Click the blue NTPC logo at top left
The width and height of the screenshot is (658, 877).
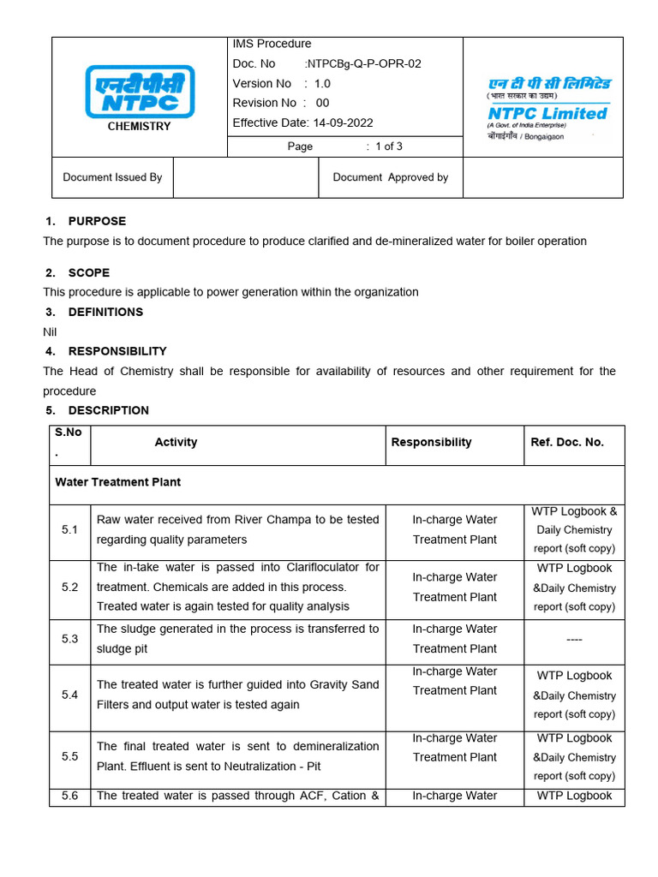(x=139, y=92)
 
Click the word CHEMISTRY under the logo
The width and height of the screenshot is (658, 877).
(x=139, y=127)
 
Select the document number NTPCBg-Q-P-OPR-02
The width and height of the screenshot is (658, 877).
(x=365, y=63)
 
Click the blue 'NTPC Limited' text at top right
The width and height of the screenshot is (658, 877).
(x=547, y=113)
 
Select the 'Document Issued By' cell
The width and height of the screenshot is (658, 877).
(x=112, y=177)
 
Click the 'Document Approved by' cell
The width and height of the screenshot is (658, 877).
(x=390, y=177)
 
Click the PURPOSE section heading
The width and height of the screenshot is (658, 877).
(x=97, y=221)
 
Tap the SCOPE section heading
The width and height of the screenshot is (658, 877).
(x=89, y=272)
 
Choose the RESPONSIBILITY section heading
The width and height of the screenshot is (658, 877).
(x=117, y=351)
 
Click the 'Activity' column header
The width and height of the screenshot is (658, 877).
(x=176, y=442)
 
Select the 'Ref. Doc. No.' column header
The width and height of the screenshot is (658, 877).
(x=567, y=442)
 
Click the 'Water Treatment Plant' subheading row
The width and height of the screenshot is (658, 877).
(x=118, y=482)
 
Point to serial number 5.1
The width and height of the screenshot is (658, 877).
(x=69, y=530)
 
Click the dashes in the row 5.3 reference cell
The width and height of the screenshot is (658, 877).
(x=574, y=639)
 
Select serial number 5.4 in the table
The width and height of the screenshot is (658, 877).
(x=69, y=695)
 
